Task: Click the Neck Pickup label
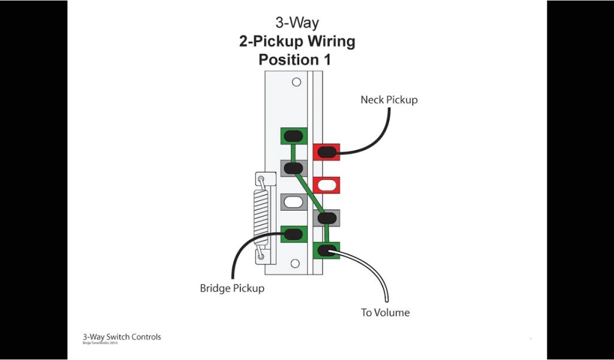click(x=389, y=100)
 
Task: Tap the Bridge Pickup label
click(x=231, y=289)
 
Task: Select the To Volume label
click(x=385, y=313)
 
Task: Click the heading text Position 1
click(x=294, y=60)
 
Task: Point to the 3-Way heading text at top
click(x=297, y=23)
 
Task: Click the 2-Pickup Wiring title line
click(x=297, y=41)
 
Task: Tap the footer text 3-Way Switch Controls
click(x=122, y=337)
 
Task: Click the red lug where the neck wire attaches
click(x=326, y=152)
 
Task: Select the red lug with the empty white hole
click(x=326, y=184)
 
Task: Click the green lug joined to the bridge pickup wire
click(x=294, y=234)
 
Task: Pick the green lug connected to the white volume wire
click(x=326, y=250)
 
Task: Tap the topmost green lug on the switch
click(x=294, y=136)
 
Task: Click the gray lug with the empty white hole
click(x=294, y=203)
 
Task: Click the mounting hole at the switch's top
click(x=296, y=82)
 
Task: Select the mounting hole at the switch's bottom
click(x=294, y=263)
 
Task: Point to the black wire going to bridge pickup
click(x=240, y=252)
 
